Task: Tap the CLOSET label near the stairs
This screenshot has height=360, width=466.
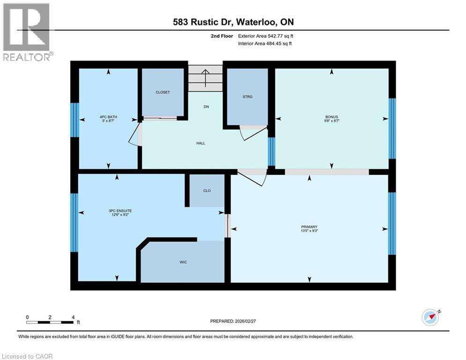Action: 163,92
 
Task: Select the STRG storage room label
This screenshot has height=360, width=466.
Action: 248,97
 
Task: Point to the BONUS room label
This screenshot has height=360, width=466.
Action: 332,117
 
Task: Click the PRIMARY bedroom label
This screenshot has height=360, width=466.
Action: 310,227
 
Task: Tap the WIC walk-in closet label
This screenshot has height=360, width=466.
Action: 183,262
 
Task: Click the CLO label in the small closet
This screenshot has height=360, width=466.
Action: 207,191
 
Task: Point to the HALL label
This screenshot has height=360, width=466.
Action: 200,143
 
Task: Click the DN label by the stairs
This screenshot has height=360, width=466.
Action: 206,107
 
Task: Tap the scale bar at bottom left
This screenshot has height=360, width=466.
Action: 50,322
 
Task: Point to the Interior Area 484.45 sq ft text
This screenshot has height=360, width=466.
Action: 266,44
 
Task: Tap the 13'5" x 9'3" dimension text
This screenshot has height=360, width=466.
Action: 310,231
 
